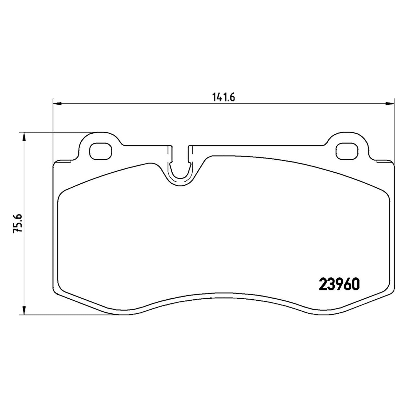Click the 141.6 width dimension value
point(223,98)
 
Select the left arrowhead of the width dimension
point(57,104)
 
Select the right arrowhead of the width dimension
point(389,104)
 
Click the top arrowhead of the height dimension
point(24,137)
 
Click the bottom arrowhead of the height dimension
point(24,310)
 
